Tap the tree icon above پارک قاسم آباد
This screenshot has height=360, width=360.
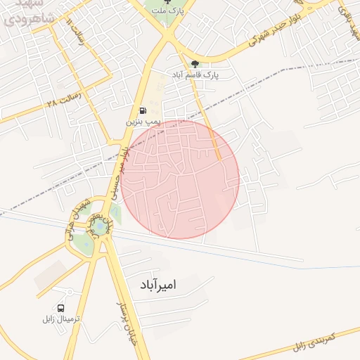pyautogui.click(x=195, y=64)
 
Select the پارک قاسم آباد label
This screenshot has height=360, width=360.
pyautogui.click(x=195, y=74)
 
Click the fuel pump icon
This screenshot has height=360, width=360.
pyautogui.click(x=143, y=111)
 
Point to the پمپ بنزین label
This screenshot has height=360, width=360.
pyautogui.click(x=143, y=122)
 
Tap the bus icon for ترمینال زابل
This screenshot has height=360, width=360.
pyautogui.click(x=61, y=308)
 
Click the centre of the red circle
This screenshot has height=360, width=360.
pyautogui.click(x=180, y=179)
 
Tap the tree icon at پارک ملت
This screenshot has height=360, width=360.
pyautogui.click(x=167, y=2)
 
